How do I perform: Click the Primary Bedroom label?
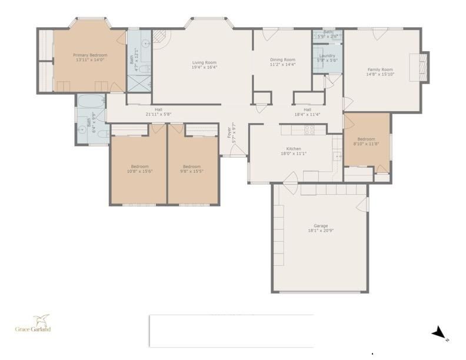tap(90, 55)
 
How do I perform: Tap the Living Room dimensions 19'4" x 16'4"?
tap(204, 67)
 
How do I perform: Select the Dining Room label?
tap(282, 59)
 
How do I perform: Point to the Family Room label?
tap(380, 69)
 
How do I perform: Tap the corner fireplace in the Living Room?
tap(160, 38)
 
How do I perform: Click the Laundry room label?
tap(327, 56)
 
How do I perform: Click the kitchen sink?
tap(337, 156)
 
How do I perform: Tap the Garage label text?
tap(321, 226)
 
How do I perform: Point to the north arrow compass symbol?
tap(439, 334)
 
